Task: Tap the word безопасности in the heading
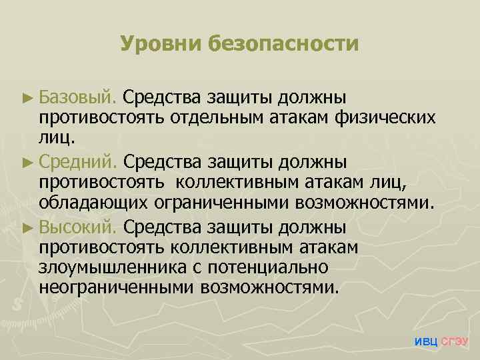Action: click(x=284, y=44)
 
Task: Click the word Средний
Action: click(x=79, y=162)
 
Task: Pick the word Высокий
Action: click(x=79, y=226)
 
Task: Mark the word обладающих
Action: click(x=94, y=205)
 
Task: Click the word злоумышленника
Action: click(x=110, y=269)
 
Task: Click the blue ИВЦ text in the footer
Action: click(x=426, y=342)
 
